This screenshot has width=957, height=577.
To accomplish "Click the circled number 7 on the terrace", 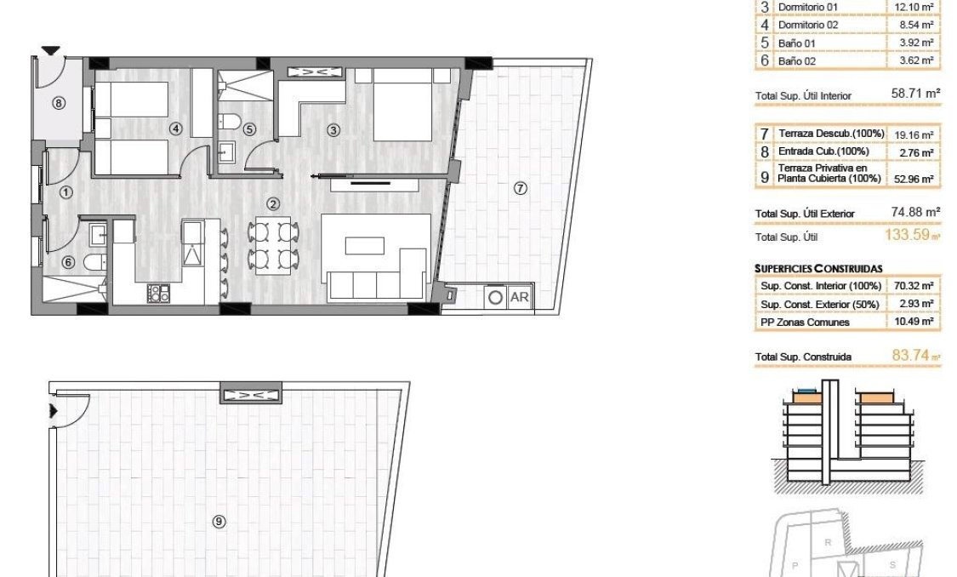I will click(520, 188).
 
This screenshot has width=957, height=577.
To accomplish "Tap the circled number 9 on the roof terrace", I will click(219, 523).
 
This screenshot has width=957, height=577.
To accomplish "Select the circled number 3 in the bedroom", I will click(333, 130).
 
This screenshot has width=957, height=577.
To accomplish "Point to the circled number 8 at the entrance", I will click(58, 104).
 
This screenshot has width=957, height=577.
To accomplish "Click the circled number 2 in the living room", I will click(273, 203).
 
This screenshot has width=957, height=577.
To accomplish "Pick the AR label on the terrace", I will click(519, 298).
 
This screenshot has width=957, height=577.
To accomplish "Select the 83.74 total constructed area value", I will click(910, 357).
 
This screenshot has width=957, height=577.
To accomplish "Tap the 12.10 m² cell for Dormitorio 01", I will click(914, 7).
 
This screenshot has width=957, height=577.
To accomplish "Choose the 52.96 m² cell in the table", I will click(914, 179).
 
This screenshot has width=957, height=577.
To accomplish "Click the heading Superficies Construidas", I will click(818, 268).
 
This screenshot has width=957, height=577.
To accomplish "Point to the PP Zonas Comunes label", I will click(805, 323).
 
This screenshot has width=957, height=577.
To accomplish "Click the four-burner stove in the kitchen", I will click(158, 294).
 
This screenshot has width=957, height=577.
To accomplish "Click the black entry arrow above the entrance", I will click(51, 51).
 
